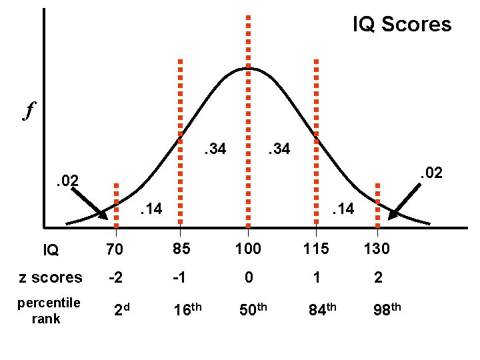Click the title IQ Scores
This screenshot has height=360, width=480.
[401, 25]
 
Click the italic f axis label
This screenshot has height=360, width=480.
[29, 110]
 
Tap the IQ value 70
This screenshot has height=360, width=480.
[115, 251]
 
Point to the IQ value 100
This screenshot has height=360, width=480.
[248, 250]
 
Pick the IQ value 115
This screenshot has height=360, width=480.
[315, 250]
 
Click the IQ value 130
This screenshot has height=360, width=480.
[377, 250]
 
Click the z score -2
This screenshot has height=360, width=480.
[115, 278]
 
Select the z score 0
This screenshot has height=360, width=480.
[248, 278]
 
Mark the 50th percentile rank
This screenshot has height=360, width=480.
[251, 309]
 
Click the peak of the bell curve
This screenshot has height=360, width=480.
[248, 68]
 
